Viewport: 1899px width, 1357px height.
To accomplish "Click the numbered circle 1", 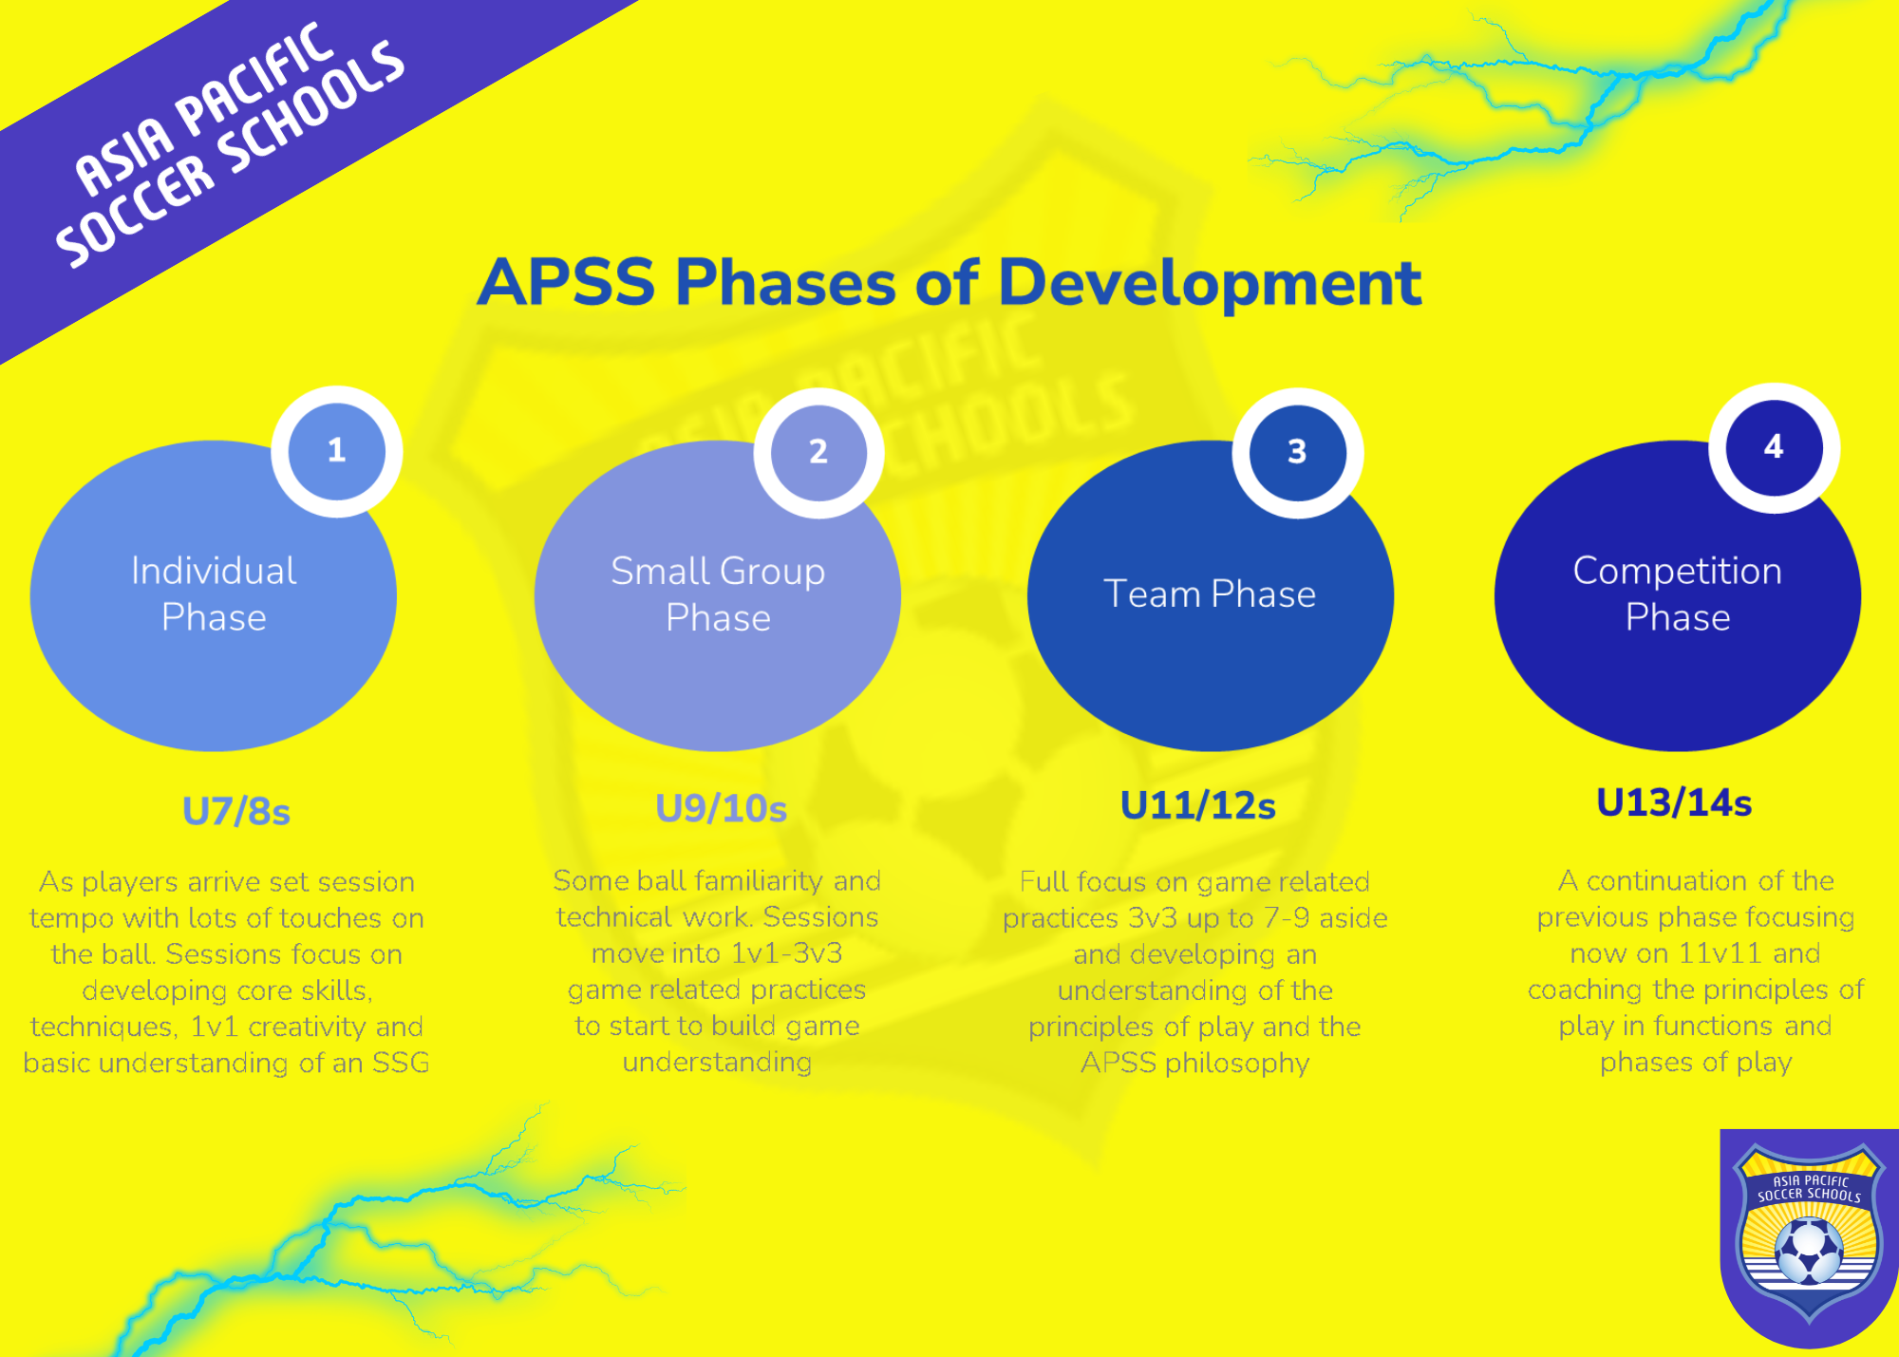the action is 337,451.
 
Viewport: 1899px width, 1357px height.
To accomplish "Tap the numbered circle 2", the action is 818,452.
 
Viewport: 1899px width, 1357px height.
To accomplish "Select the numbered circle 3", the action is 1297,453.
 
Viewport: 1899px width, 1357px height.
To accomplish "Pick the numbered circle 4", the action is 1774,448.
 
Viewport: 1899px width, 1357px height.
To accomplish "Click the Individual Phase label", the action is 214,594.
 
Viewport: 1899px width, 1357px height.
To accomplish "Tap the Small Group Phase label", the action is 718,594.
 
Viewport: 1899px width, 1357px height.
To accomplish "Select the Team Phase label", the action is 1210,594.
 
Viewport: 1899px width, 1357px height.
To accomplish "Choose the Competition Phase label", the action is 1678,594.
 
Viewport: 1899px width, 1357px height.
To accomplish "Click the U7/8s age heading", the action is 236,812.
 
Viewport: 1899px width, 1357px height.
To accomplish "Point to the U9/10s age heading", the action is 722,808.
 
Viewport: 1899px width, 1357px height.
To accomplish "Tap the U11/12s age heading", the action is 1198,805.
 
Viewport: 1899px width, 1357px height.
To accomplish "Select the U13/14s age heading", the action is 1674,802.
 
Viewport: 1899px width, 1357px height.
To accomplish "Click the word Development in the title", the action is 1210,283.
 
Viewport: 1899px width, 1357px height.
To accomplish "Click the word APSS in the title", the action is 567,282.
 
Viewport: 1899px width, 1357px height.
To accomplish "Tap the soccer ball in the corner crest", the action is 1809,1252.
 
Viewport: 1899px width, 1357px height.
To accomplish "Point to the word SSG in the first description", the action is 401,1063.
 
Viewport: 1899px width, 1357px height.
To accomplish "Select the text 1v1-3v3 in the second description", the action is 787,953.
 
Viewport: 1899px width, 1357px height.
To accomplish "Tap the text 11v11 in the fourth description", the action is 1721,953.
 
